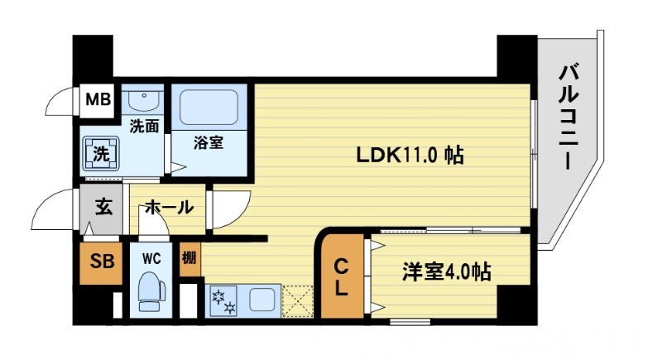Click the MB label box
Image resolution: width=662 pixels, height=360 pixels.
tap(99, 101)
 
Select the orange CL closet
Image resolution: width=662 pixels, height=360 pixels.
tap(340, 277)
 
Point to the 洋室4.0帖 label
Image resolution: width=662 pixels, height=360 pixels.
tap(446, 271)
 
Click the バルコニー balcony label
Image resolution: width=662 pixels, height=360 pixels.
tap(567, 116)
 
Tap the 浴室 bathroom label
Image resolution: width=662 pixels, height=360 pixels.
tap(208, 142)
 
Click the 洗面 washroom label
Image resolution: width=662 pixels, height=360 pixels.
tap(144, 127)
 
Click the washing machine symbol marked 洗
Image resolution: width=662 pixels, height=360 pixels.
tap(100, 153)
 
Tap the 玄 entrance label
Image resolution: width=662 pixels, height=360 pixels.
tap(102, 207)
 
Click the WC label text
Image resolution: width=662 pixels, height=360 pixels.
tap(151, 257)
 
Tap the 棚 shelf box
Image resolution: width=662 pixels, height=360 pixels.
tap(189, 257)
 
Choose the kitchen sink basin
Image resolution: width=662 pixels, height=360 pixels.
tap(264, 298)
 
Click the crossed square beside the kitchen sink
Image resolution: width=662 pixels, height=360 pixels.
tap(298, 300)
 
